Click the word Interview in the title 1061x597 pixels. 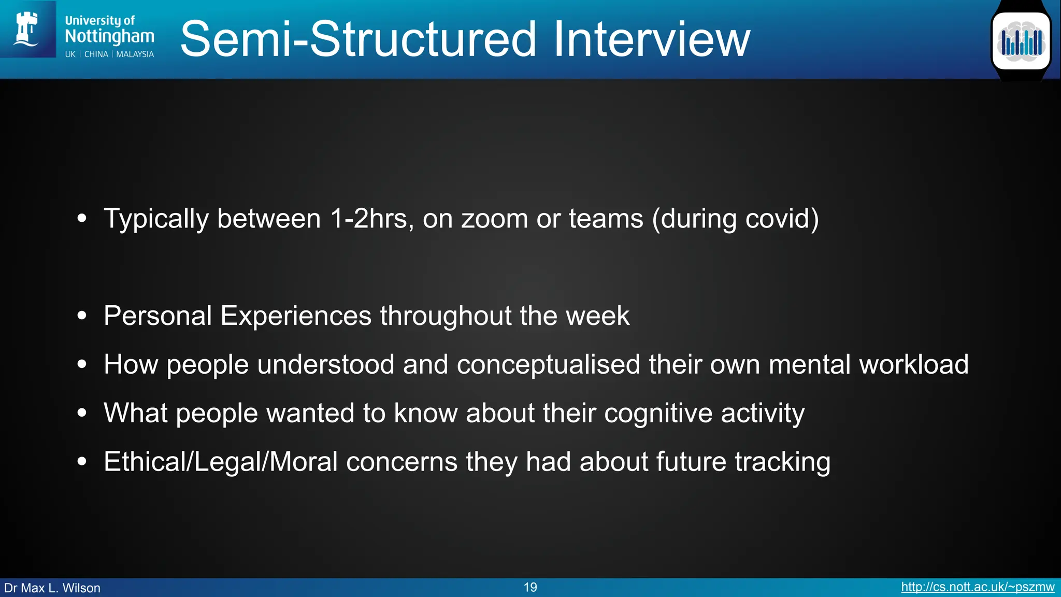click(x=651, y=39)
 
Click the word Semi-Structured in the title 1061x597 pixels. click(x=358, y=39)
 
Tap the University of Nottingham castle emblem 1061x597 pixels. click(x=27, y=29)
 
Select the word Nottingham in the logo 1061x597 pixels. click(x=109, y=36)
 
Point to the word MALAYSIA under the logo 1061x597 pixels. click(x=135, y=54)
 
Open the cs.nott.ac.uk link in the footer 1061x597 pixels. click(x=977, y=587)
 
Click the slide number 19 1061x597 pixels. click(x=530, y=587)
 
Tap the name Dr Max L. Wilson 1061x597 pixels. click(x=52, y=588)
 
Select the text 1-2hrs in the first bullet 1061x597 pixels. click(x=371, y=219)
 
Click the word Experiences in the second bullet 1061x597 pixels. click(x=296, y=316)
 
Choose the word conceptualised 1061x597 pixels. click(x=549, y=364)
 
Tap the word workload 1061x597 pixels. click(x=914, y=364)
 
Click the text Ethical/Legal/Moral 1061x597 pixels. click(x=221, y=462)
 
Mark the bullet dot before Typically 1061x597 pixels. click(x=82, y=219)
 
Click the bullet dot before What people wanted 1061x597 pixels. click(x=82, y=413)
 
